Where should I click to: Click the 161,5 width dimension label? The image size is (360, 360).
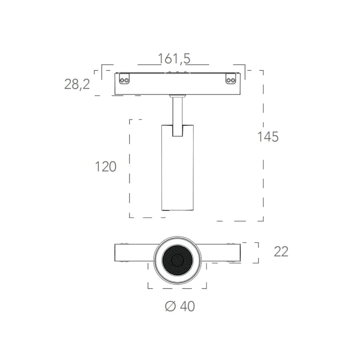[174, 59]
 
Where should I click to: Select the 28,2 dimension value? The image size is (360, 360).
[77, 84]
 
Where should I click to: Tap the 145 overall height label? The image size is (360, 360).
[268, 137]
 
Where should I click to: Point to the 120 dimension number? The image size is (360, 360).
[106, 167]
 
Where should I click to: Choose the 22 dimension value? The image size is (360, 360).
[281, 252]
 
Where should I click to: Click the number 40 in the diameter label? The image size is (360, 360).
[187, 306]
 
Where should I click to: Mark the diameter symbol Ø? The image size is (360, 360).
[170, 306]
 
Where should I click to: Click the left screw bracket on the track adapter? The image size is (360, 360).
[124, 79]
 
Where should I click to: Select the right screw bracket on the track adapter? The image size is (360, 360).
[230, 79]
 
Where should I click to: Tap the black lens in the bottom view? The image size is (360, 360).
[178, 260]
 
